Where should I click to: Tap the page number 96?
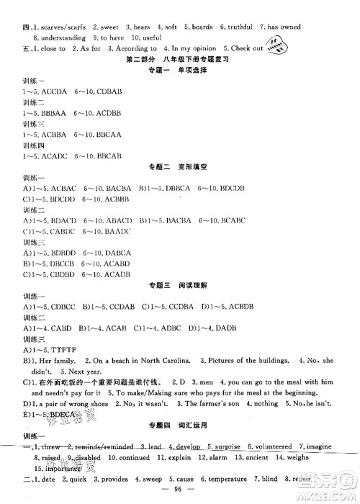click(180, 492)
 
